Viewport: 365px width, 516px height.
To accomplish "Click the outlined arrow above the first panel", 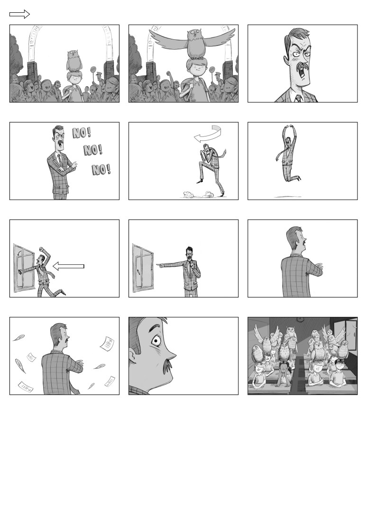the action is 19,14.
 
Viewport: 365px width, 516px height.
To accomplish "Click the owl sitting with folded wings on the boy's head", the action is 74,61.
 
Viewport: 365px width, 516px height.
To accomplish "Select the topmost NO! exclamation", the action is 82,133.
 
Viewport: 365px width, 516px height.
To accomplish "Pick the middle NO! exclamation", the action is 93,150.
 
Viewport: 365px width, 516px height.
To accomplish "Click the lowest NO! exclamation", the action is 101,170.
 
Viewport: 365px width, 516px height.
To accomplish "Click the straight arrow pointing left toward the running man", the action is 68,266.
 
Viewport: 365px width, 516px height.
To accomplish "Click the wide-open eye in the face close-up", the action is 155,341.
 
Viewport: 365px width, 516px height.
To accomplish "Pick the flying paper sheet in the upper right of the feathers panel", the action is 107,343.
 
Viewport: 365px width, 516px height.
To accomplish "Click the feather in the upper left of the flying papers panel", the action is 18,338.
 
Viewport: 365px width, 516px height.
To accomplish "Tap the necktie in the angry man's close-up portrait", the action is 299,98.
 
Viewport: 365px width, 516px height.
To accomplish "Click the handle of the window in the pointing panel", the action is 138,272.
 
